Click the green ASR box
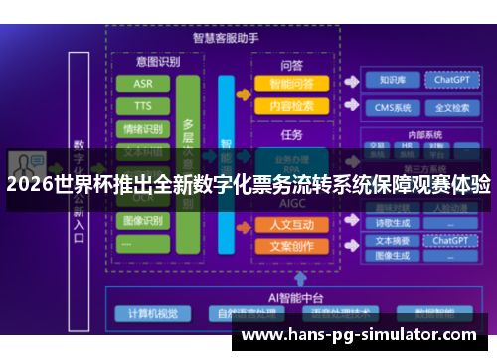(143, 84)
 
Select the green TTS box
(143, 106)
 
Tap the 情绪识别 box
(143, 129)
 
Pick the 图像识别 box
(143, 220)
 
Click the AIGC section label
(292, 203)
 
